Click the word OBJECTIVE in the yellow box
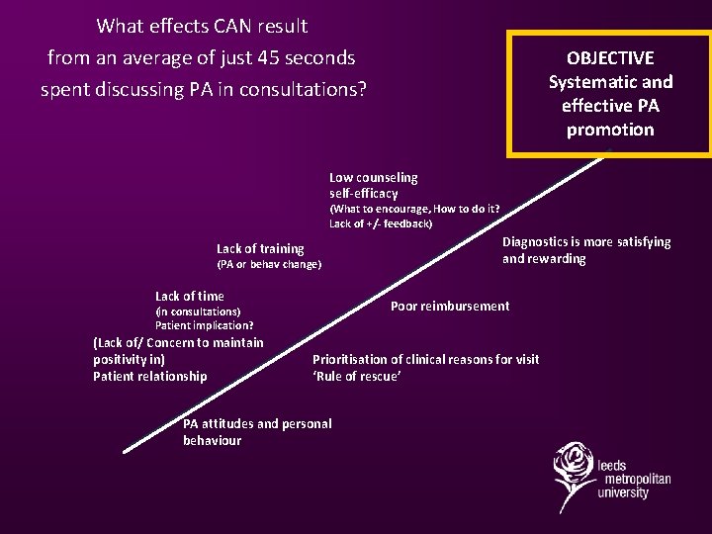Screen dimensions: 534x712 click(x=610, y=58)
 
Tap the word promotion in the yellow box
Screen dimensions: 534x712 click(x=610, y=130)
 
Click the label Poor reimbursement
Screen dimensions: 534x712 click(x=450, y=307)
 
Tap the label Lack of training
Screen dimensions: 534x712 click(x=260, y=249)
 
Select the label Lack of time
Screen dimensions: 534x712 click(x=190, y=297)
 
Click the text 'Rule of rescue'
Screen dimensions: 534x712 click(x=356, y=377)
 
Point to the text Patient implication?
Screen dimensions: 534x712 click(x=205, y=325)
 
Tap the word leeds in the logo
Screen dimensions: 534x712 click(x=612, y=464)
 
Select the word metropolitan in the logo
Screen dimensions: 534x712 click(x=634, y=479)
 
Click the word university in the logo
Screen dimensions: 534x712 click(x=623, y=492)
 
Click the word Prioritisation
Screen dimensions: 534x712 click(x=352, y=360)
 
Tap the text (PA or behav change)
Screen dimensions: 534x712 click(x=269, y=265)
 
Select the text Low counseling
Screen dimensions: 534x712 click(x=374, y=178)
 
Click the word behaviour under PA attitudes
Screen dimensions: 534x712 click(x=212, y=441)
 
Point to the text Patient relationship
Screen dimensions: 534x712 click(x=150, y=377)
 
